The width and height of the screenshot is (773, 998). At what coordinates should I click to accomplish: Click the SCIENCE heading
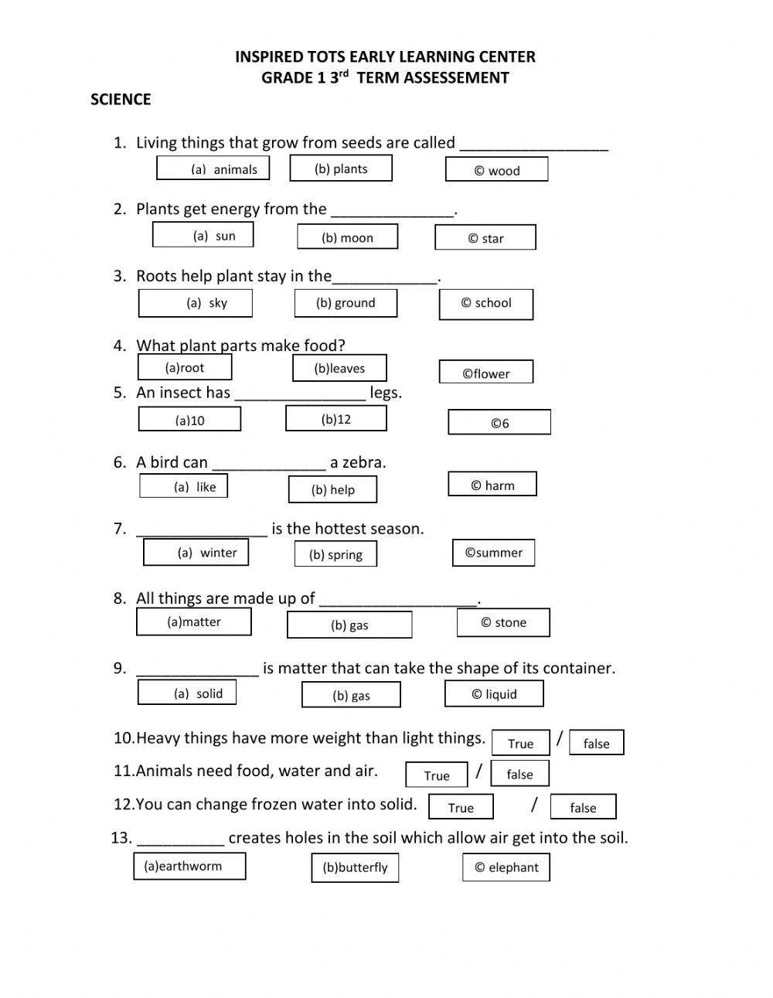tap(121, 99)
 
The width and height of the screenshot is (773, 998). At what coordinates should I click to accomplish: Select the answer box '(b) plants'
tap(341, 169)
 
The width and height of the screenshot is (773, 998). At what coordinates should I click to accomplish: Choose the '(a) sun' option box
tap(203, 235)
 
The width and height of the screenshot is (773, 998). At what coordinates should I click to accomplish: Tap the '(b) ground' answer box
tap(346, 303)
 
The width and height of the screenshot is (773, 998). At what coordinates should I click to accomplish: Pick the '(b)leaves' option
tap(339, 369)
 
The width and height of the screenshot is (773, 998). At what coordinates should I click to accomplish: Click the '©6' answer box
tap(499, 422)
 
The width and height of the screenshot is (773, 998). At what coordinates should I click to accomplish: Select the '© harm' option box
tap(492, 485)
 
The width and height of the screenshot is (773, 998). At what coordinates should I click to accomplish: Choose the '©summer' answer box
tap(493, 553)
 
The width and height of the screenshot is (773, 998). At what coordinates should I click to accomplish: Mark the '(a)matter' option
tap(194, 622)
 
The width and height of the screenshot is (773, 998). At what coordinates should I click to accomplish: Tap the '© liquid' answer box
tap(494, 693)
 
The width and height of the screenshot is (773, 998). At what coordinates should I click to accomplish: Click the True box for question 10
tap(520, 743)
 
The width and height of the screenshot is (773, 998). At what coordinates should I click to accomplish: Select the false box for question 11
tap(519, 774)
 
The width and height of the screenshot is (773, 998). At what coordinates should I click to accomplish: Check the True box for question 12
tap(461, 807)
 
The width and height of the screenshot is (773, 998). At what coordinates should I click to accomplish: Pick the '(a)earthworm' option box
tap(189, 866)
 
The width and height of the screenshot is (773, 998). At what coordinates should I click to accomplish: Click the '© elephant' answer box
tap(506, 867)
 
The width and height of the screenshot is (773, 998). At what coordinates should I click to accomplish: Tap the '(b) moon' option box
tap(347, 237)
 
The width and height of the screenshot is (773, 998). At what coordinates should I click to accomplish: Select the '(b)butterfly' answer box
tap(355, 867)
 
